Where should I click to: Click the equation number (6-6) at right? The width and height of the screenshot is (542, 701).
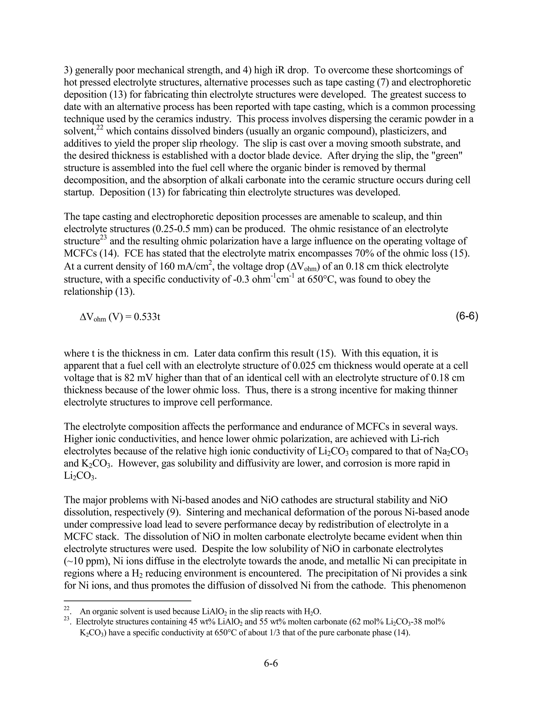(467, 317)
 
